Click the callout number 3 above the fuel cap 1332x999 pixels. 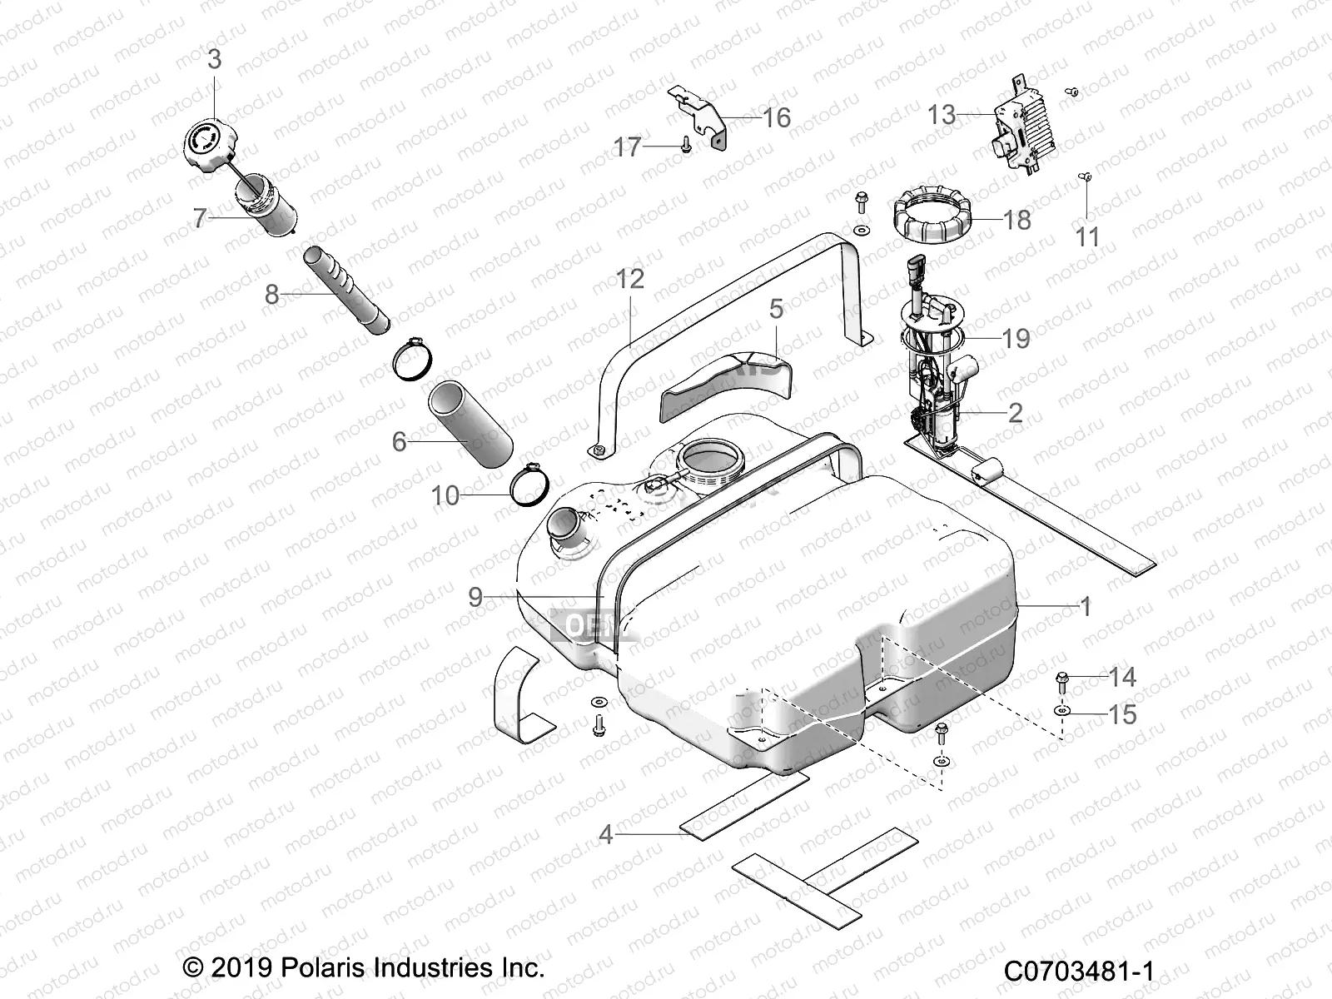[215, 60]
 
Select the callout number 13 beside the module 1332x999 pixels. [942, 115]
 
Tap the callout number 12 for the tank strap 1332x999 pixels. [630, 279]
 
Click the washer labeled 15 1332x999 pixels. [1063, 713]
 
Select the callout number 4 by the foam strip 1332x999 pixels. [606, 833]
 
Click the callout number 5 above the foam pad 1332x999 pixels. [776, 310]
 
